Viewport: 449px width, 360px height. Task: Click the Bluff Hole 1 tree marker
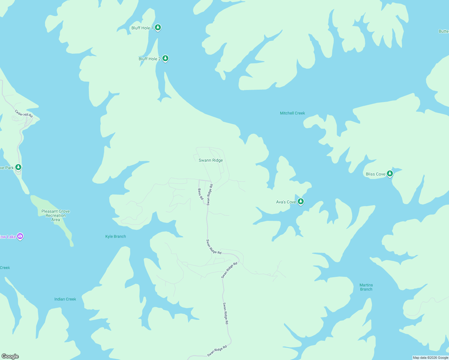[158, 28]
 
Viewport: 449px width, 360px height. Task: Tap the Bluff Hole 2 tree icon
[165, 58]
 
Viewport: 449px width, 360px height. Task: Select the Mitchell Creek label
[292, 113]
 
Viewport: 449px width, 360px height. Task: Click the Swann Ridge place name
[211, 160]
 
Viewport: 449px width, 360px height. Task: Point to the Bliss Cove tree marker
[390, 174]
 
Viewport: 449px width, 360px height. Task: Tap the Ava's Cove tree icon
[301, 202]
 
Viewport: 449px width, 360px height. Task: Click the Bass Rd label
[200, 194]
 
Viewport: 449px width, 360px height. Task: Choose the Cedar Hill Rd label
[24, 113]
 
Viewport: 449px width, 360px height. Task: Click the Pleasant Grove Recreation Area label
[56, 215]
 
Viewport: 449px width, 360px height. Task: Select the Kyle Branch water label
[116, 236]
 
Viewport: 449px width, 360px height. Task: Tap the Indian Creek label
[65, 299]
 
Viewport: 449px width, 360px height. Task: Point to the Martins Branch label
[366, 287]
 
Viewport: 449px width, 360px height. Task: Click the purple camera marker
[20, 236]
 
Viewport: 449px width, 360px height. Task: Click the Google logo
[10, 356]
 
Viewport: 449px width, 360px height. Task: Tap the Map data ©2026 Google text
[430, 358]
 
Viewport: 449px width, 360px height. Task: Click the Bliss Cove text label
[375, 174]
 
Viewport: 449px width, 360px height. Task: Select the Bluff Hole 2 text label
[149, 59]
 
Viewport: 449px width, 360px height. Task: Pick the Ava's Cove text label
[286, 202]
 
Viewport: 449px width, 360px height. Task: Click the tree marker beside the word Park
[19, 167]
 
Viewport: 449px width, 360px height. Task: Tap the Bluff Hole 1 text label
[142, 28]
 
